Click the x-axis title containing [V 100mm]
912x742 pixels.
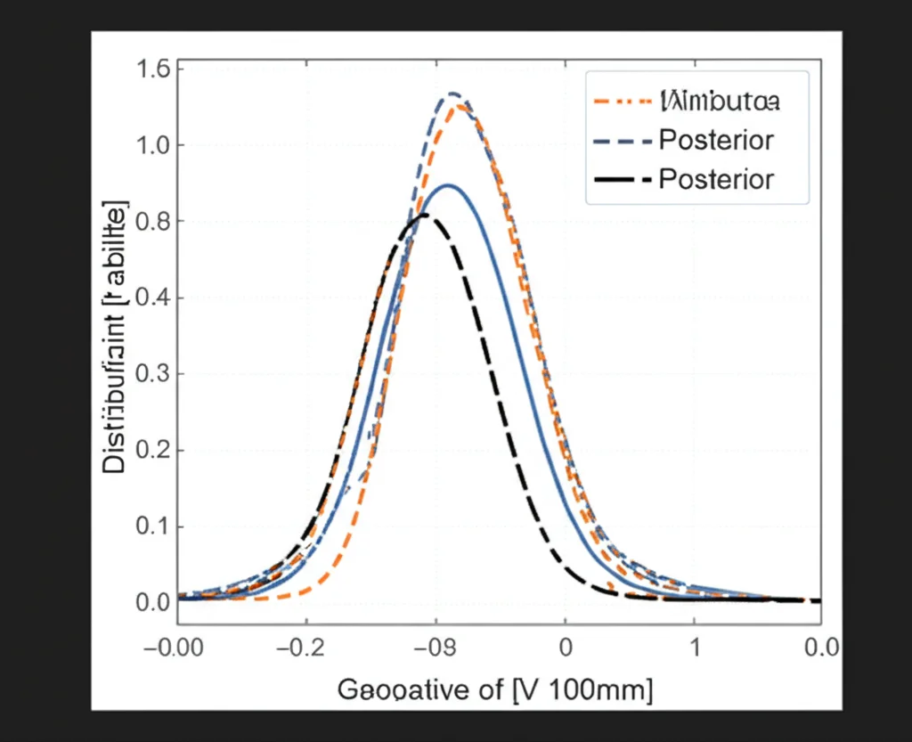494,690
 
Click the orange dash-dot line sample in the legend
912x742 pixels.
620,101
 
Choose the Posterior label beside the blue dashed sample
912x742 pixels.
716,140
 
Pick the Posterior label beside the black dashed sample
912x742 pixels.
716,179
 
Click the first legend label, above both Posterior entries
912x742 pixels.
720,101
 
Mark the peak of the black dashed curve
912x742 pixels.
425,215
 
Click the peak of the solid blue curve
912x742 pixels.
449,185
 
